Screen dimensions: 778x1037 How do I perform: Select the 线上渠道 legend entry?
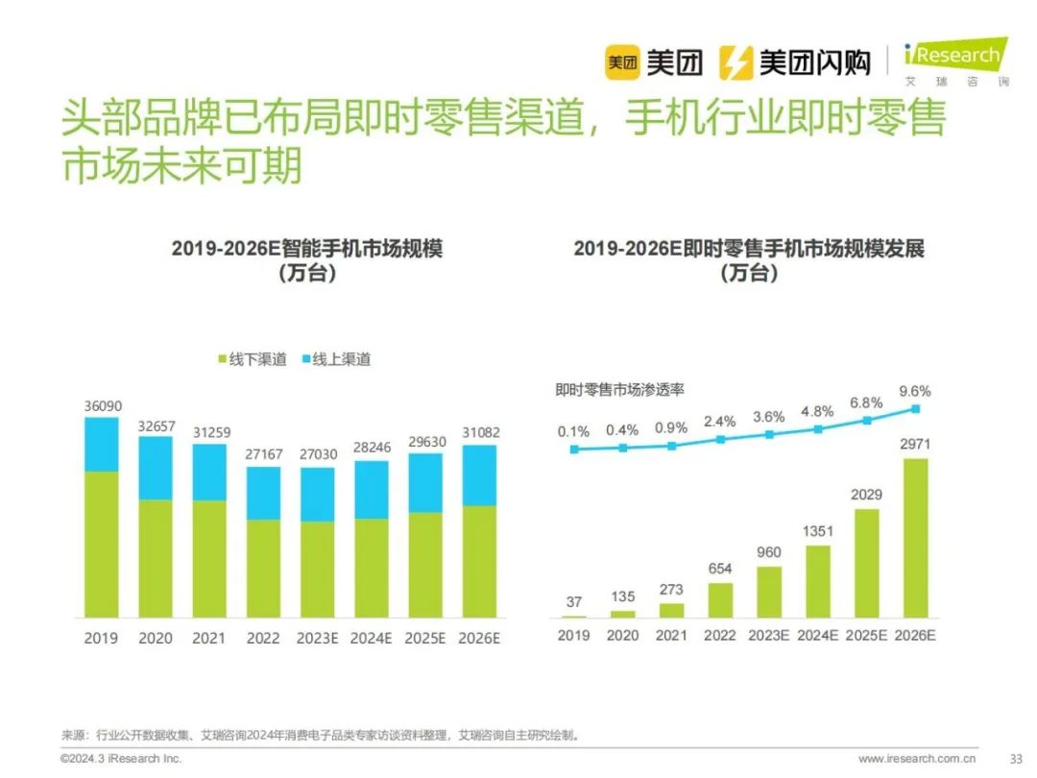coord(335,359)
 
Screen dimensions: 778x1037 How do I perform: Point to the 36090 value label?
coord(102,406)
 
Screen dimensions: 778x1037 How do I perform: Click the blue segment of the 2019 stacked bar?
coord(102,445)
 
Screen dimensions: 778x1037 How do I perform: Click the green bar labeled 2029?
coord(866,563)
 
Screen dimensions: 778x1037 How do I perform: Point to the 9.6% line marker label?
coord(915,391)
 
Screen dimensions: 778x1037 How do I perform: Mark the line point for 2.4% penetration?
coord(720,439)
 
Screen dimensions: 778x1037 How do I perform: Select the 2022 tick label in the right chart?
coord(719,636)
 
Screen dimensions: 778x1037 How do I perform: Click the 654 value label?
coord(720,568)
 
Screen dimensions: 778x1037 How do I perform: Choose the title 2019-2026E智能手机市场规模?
coord(307,249)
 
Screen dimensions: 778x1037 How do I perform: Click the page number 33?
coord(1016,759)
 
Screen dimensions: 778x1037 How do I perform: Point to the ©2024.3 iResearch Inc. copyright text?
coord(121,759)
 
